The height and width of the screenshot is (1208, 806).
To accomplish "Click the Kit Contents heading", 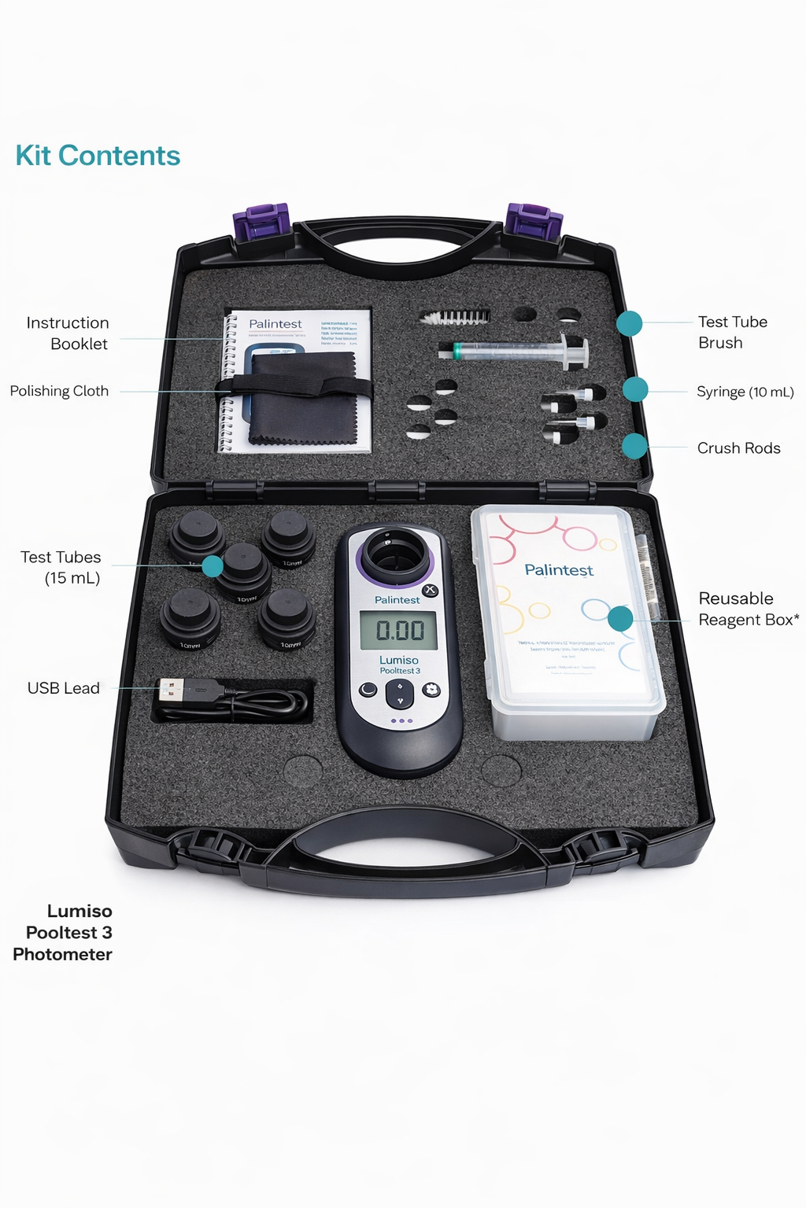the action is coord(98,156).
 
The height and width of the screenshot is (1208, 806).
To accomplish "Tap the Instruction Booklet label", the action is coord(68,333).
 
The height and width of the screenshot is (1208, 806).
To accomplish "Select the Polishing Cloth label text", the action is coord(59,391).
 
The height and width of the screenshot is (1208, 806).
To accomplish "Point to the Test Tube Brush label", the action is coord(732,332).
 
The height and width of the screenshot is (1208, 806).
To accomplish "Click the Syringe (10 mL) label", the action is coord(745,392).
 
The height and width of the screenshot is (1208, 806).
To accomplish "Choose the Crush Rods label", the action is coord(738,448).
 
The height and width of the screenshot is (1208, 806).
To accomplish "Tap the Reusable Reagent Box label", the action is coord(748,609).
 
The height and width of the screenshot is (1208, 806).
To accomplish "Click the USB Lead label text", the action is coord(64,688).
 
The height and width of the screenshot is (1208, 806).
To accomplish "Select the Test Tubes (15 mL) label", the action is coord(61,567).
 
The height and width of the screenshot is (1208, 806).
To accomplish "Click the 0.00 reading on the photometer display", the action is coord(399,631).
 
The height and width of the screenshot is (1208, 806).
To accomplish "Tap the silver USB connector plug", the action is coord(171,691).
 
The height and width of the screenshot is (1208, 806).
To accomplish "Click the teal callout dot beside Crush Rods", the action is coord(634,446).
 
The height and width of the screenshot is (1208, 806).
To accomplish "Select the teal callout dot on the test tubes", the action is coord(213,565).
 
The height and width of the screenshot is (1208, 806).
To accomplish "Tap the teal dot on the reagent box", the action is coord(620,618).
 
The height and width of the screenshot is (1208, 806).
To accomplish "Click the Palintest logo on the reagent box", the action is coord(559,570).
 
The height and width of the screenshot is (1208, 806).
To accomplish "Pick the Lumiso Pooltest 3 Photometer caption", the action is coord(63,933).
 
